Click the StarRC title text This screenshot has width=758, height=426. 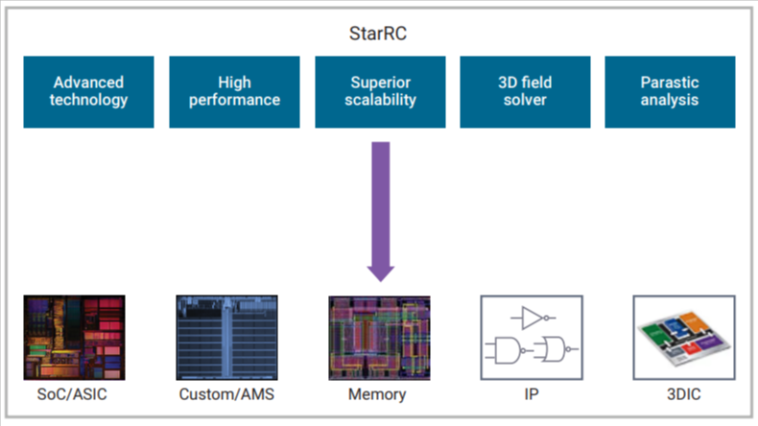coord(378,34)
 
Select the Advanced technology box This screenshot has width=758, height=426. coord(88,92)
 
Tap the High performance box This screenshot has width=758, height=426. coord(234,92)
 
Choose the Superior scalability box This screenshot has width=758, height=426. coord(381,92)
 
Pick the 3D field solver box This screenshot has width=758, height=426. coord(525,92)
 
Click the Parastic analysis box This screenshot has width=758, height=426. coord(670,92)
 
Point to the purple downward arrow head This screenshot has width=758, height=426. coord(381,273)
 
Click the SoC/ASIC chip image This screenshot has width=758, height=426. coord(75,338)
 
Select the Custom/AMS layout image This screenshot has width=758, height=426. coord(226,338)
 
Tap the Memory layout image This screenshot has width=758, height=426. coord(380,338)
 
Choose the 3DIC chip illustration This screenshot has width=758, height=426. coord(684,338)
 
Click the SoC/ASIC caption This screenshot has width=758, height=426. coord(72,394)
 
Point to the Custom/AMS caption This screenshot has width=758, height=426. coord(226,394)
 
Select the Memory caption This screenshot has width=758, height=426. coord(377,394)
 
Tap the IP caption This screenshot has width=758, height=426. coord(532,394)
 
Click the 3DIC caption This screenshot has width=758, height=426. coord(683,394)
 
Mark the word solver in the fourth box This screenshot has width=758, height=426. coord(525,100)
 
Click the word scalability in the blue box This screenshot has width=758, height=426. coord(381,100)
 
